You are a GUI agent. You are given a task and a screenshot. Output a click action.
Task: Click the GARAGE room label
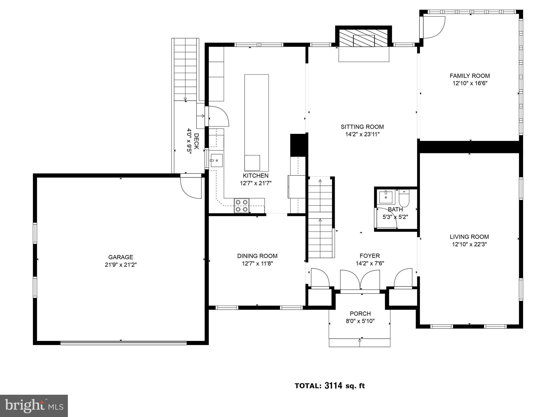(121, 257)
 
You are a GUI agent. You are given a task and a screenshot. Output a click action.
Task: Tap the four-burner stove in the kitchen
(242, 206)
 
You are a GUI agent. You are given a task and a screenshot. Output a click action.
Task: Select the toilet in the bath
(404, 198)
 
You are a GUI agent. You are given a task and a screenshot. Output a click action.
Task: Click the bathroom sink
(386, 197)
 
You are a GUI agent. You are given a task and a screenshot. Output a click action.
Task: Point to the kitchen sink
(217, 160)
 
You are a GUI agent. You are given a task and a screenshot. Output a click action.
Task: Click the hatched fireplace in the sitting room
(364, 37)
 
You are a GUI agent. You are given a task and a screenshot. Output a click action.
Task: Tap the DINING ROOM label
(257, 256)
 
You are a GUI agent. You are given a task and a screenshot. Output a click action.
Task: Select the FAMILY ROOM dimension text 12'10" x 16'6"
(470, 83)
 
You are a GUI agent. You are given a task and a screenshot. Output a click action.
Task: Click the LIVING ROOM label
(469, 237)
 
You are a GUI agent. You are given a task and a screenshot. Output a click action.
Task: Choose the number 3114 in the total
(333, 386)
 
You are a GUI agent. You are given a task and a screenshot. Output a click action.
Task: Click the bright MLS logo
(34, 406)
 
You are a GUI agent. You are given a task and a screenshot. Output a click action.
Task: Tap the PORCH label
(360, 314)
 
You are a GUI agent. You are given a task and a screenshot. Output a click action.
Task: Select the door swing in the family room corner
(433, 27)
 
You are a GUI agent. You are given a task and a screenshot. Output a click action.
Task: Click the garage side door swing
(191, 188)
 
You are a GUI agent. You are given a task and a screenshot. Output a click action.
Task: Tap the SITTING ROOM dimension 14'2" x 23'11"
(362, 134)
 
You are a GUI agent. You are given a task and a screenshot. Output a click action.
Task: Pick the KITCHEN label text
(255, 176)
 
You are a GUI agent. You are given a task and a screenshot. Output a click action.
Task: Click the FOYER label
(369, 256)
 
